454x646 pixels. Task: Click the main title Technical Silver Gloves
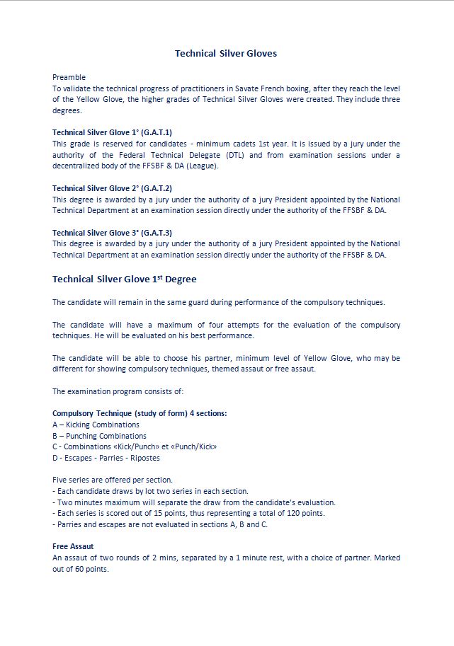coord(226,53)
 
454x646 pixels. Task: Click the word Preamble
coord(69,76)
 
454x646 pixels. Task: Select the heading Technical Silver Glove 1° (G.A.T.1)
coord(112,132)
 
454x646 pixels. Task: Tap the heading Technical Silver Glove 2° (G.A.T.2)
coord(112,188)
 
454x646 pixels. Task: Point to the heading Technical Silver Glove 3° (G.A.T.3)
coord(112,233)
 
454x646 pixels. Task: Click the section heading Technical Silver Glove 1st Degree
coord(125,279)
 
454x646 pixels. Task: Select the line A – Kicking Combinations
coord(96,425)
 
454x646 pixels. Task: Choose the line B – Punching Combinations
coord(99,436)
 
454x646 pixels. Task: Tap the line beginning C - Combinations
coord(135,446)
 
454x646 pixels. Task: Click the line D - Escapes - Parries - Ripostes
coord(106,458)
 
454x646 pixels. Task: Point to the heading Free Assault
coord(73,546)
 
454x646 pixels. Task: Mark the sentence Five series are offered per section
coord(113,480)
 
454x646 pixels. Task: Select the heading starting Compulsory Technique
coord(140,413)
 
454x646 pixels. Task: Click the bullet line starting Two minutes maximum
coord(194,502)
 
